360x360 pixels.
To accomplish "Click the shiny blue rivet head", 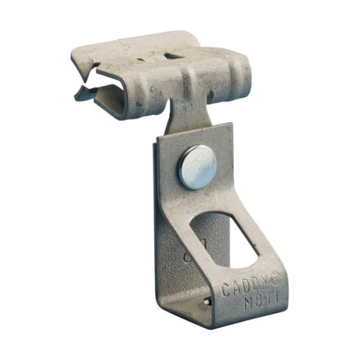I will (197, 167).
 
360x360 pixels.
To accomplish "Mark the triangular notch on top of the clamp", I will (171, 55).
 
